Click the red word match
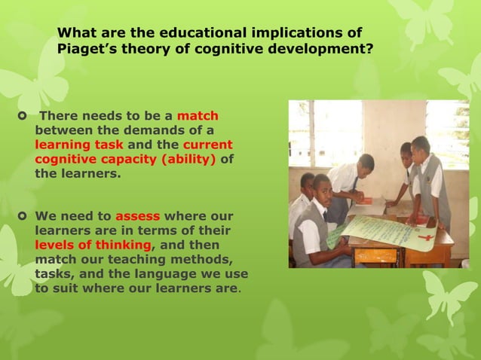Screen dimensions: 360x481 coord(198,117)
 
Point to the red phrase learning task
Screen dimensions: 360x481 coord(79,145)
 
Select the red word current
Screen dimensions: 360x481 coord(207,145)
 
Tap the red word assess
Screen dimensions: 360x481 coord(137,216)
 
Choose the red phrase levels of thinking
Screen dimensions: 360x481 coord(93,245)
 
